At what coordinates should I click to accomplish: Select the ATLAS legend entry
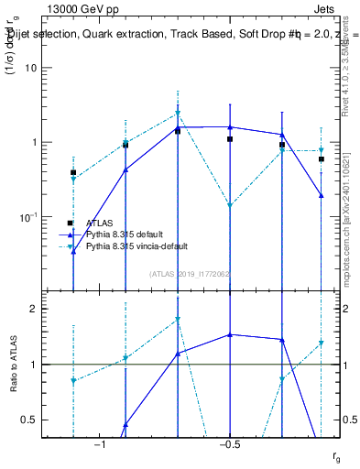tap(100, 223)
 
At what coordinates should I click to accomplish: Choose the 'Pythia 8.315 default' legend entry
tap(129, 234)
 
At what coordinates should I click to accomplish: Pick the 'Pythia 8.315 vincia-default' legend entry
tap(141, 246)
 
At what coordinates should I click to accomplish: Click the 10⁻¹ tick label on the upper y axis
tap(38, 217)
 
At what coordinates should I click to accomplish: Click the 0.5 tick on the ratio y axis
tap(39, 420)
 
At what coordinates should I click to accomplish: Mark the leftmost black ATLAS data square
tap(73, 172)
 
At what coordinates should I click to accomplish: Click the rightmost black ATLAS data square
tap(322, 159)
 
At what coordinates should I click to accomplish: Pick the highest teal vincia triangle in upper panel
tap(178, 114)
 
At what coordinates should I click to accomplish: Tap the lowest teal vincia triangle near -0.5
tap(230, 206)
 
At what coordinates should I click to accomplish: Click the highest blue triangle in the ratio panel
tap(230, 334)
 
